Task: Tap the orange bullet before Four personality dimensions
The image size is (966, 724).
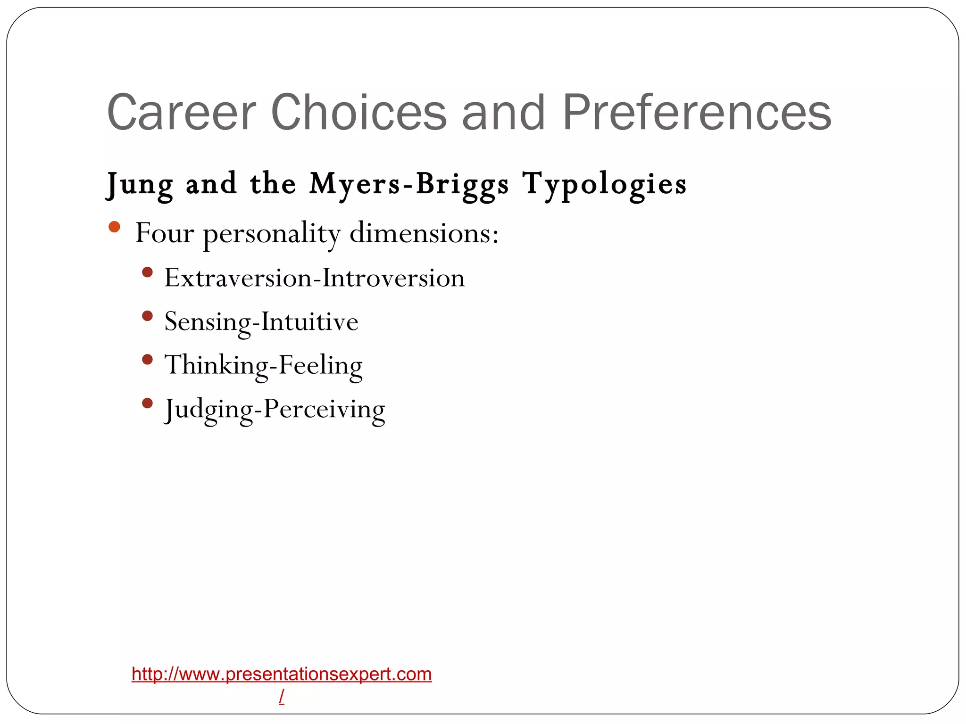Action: point(114,227)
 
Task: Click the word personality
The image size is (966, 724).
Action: point(271,233)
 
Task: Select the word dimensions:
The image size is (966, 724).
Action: point(424,233)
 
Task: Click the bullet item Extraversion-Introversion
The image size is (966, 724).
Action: point(314,278)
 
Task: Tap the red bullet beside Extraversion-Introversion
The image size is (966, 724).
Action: point(147,272)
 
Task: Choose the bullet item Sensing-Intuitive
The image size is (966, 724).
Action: point(261,321)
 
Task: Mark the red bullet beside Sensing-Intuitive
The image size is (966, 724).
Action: point(147,316)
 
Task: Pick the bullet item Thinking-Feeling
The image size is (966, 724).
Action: point(263,365)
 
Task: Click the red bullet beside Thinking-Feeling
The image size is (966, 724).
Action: point(147,360)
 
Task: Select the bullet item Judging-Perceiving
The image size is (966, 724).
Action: point(275,409)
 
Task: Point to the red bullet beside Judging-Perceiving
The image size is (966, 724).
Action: point(147,403)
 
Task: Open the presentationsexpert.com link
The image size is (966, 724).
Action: point(282,674)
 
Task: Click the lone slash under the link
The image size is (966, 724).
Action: point(282,696)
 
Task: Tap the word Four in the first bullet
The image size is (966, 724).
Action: point(164,233)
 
